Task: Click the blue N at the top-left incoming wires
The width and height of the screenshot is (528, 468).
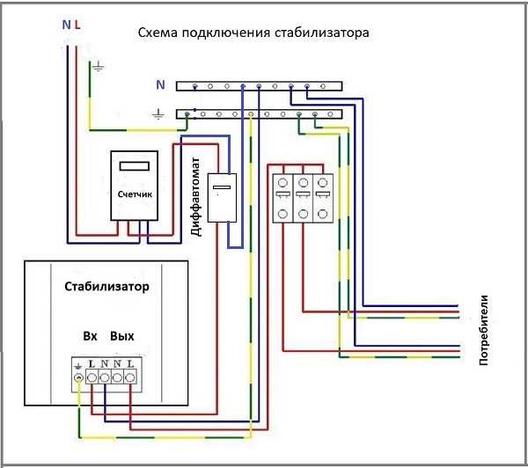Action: click(x=65, y=26)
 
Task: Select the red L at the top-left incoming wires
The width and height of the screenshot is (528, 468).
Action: click(x=77, y=26)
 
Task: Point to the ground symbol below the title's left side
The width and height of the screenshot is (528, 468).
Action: click(x=99, y=66)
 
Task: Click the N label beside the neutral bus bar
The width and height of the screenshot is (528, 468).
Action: click(x=159, y=85)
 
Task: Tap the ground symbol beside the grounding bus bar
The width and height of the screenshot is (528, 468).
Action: click(x=158, y=113)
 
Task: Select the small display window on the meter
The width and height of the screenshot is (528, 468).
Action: click(x=135, y=165)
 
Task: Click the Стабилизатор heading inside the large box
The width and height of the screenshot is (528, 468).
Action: click(x=106, y=287)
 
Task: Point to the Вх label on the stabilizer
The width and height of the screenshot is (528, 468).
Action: click(x=90, y=336)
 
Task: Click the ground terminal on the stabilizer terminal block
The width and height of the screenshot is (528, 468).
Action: click(x=79, y=377)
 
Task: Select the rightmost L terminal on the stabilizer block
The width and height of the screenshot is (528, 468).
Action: click(x=130, y=377)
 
